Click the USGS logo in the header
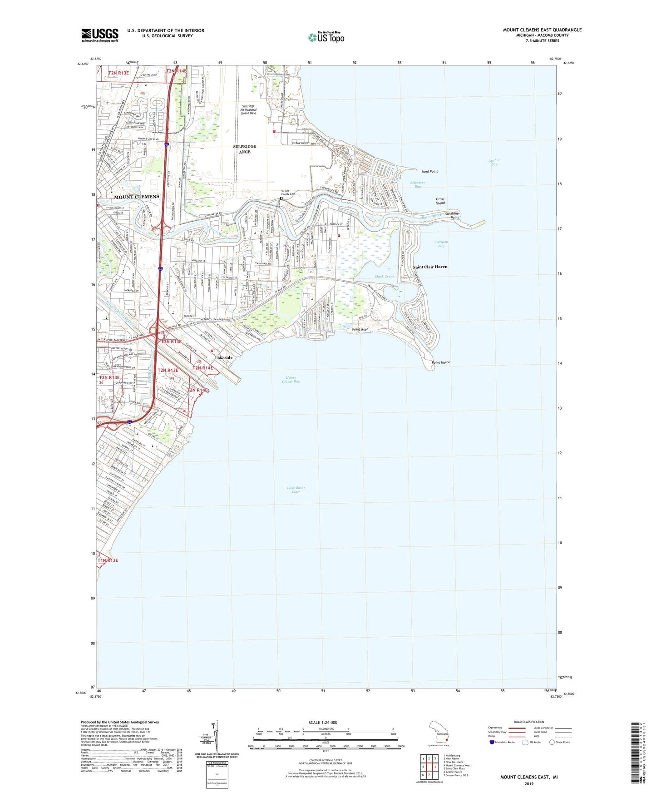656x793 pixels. click(x=100, y=35)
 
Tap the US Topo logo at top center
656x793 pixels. click(x=326, y=37)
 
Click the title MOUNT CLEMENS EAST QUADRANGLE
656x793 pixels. click(x=542, y=30)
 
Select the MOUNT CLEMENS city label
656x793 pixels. click(x=137, y=197)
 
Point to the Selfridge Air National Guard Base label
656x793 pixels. click(x=248, y=109)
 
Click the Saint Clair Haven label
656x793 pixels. click(x=430, y=267)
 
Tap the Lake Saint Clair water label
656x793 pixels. click(x=296, y=490)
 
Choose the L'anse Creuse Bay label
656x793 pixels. click(x=291, y=380)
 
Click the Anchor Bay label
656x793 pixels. click(x=494, y=162)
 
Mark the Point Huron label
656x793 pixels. click(x=441, y=362)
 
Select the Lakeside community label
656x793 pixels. click(x=223, y=357)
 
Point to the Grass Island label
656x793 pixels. click(x=440, y=201)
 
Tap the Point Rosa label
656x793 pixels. click(x=360, y=329)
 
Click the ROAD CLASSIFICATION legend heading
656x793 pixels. click(x=529, y=722)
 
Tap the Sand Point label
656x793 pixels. click(x=429, y=172)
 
